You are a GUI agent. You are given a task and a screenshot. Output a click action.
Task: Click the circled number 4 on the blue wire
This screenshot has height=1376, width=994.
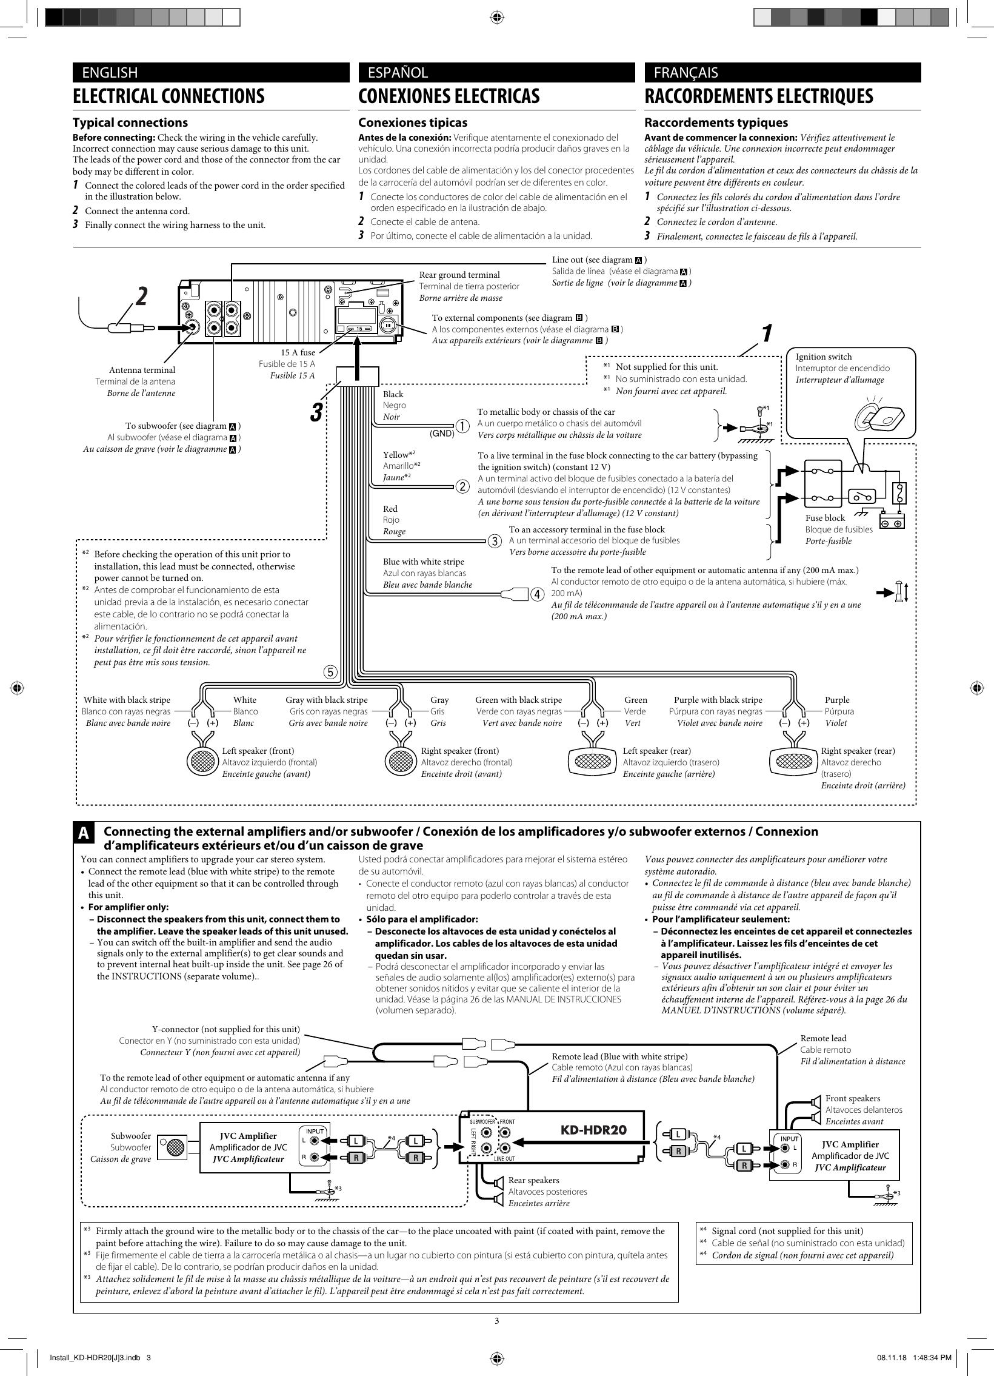click(x=536, y=594)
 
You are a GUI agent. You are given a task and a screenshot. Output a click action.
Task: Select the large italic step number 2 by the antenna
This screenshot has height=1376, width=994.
click(x=141, y=296)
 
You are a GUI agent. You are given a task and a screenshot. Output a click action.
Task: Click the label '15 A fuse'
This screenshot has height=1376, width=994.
click(x=298, y=352)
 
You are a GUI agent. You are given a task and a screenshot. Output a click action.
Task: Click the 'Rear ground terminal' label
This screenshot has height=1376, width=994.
click(x=459, y=275)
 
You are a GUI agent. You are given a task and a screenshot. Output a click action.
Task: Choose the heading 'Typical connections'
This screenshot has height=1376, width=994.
click(x=130, y=122)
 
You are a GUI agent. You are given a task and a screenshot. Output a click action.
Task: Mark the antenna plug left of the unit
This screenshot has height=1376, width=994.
click(x=125, y=328)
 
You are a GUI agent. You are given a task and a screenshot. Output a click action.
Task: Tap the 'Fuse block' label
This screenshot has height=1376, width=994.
click(x=825, y=517)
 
